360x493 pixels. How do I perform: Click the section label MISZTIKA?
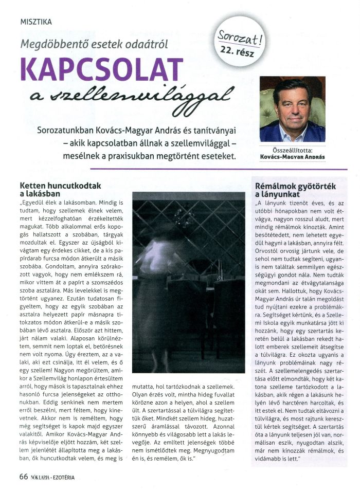(x=36, y=22)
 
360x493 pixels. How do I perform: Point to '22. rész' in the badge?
(x=238, y=50)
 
